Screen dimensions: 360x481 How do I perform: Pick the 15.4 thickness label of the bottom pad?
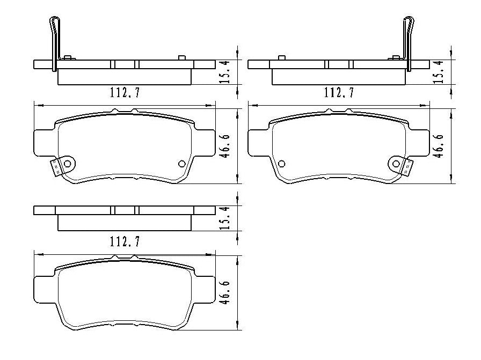point(226,218)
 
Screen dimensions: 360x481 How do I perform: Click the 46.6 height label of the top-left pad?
point(226,145)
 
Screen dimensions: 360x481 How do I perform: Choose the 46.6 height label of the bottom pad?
point(226,292)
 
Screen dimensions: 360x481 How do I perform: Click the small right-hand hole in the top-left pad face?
point(181,164)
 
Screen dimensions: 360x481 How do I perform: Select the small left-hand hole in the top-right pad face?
point(282,164)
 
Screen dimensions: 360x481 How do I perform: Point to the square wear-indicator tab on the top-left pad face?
point(55,168)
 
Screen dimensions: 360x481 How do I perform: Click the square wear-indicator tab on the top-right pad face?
point(407,168)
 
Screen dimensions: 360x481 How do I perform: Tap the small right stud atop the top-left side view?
point(181,57)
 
